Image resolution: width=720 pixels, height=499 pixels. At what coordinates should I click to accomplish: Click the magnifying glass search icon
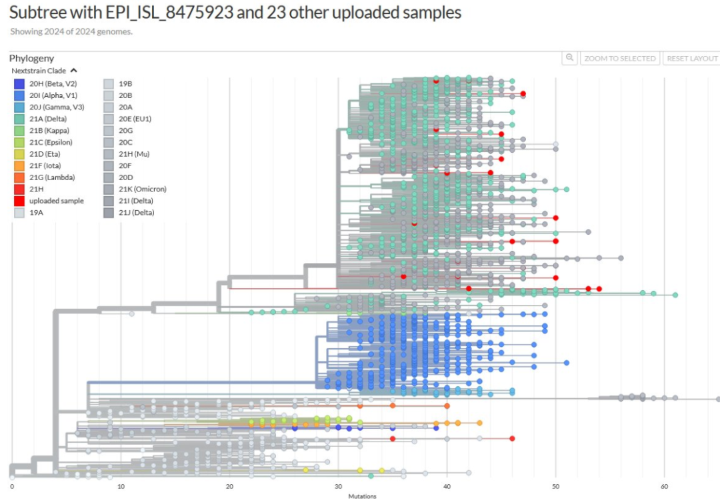click(x=569, y=59)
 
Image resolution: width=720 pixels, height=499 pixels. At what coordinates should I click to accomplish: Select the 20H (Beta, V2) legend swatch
click(x=19, y=84)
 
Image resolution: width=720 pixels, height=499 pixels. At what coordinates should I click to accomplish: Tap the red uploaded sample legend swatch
click(x=19, y=201)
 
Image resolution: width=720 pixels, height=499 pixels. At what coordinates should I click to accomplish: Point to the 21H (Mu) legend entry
click(x=134, y=154)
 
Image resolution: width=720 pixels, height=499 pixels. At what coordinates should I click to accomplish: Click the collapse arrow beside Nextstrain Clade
click(x=74, y=70)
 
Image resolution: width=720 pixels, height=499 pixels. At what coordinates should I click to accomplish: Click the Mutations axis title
click(x=362, y=496)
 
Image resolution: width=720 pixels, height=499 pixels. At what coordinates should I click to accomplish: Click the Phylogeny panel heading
click(x=31, y=59)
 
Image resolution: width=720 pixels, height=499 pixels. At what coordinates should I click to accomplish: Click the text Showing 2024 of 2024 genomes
click(x=71, y=31)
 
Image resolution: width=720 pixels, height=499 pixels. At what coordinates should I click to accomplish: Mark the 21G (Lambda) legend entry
click(x=51, y=177)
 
